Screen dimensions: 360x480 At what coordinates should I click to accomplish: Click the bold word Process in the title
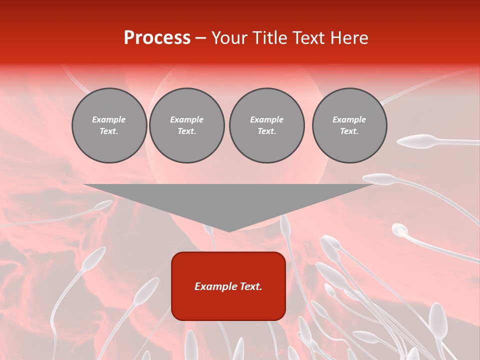click(x=157, y=38)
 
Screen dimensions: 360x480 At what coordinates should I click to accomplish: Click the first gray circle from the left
click(x=109, y=125)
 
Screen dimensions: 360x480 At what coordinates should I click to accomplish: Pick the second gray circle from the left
click(x=186, y=125)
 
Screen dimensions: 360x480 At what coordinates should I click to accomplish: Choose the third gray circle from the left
click(x=266, y=125)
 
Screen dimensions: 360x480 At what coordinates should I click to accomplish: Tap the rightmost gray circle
click(x=349, y=125)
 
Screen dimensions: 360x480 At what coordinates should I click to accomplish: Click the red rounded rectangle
click(x=228, y=286)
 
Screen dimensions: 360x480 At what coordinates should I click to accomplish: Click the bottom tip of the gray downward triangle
click(x=229, y=231)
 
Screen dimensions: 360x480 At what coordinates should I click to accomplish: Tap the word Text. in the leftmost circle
click(x=109, y=131)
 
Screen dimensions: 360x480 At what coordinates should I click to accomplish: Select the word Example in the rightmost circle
click(x=349, y=119)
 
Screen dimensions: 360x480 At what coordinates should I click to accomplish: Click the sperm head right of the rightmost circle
click(x=418, y=141)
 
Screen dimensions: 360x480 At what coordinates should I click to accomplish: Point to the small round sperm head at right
click(x=399, y=230)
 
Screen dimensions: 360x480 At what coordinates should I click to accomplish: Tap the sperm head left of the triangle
click(x=103, y=205)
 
